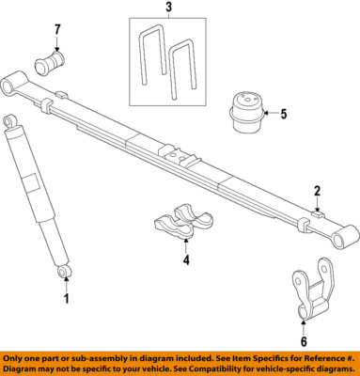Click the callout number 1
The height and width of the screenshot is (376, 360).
[67, 299]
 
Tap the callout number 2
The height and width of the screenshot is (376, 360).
[318, 190]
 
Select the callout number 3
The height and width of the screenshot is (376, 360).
[168, 10]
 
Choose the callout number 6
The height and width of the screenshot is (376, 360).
[304, 341]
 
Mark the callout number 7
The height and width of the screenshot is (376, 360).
[56, 29]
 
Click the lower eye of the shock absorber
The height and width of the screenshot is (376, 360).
[64, 272]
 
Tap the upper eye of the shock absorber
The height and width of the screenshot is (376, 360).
[9, 121]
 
